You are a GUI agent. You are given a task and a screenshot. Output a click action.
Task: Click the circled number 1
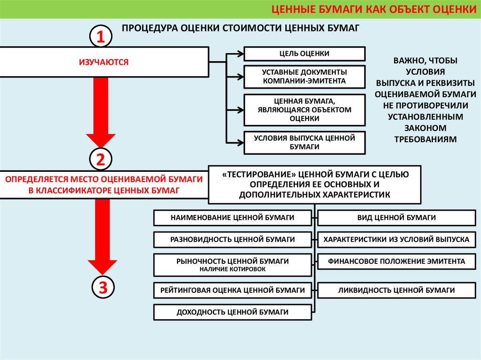pos(101,37)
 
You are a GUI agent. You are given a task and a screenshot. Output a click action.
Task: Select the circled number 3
pos(101,287)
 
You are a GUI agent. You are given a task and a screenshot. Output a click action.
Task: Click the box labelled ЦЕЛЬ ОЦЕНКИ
pos(304,54)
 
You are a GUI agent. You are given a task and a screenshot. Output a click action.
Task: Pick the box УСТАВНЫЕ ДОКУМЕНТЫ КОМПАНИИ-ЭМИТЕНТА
pos(304,77)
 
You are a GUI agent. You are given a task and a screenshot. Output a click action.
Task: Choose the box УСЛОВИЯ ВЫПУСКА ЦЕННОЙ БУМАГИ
pos(304,142)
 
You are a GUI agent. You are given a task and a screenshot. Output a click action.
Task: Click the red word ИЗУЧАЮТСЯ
pos(103,61)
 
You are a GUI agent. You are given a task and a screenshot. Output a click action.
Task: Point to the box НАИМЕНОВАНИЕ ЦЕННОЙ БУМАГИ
pos(233,218)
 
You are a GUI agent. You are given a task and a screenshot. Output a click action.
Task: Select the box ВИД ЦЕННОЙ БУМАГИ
pos(396,218)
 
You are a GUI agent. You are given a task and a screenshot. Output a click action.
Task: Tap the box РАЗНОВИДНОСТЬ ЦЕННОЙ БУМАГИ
pos(233,239)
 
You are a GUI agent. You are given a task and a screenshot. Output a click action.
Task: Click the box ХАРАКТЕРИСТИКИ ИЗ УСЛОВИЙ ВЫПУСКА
pos(396,239)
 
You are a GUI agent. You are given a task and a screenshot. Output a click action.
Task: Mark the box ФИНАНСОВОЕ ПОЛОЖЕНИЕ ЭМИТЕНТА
pos(396,261)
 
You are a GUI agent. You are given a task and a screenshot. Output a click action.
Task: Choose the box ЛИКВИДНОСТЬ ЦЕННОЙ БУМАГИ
pos(396,290)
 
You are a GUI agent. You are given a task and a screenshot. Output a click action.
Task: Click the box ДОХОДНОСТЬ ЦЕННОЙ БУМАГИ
pos(233,312)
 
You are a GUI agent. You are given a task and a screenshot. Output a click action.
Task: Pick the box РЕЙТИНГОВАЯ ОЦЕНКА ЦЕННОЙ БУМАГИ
pos(233,290)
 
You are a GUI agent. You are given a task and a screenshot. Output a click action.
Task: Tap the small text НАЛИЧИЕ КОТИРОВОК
pos(233,269)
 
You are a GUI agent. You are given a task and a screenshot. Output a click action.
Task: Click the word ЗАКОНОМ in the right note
pos(426,128)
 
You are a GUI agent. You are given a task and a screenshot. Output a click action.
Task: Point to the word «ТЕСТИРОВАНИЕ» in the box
pos(256,174)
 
